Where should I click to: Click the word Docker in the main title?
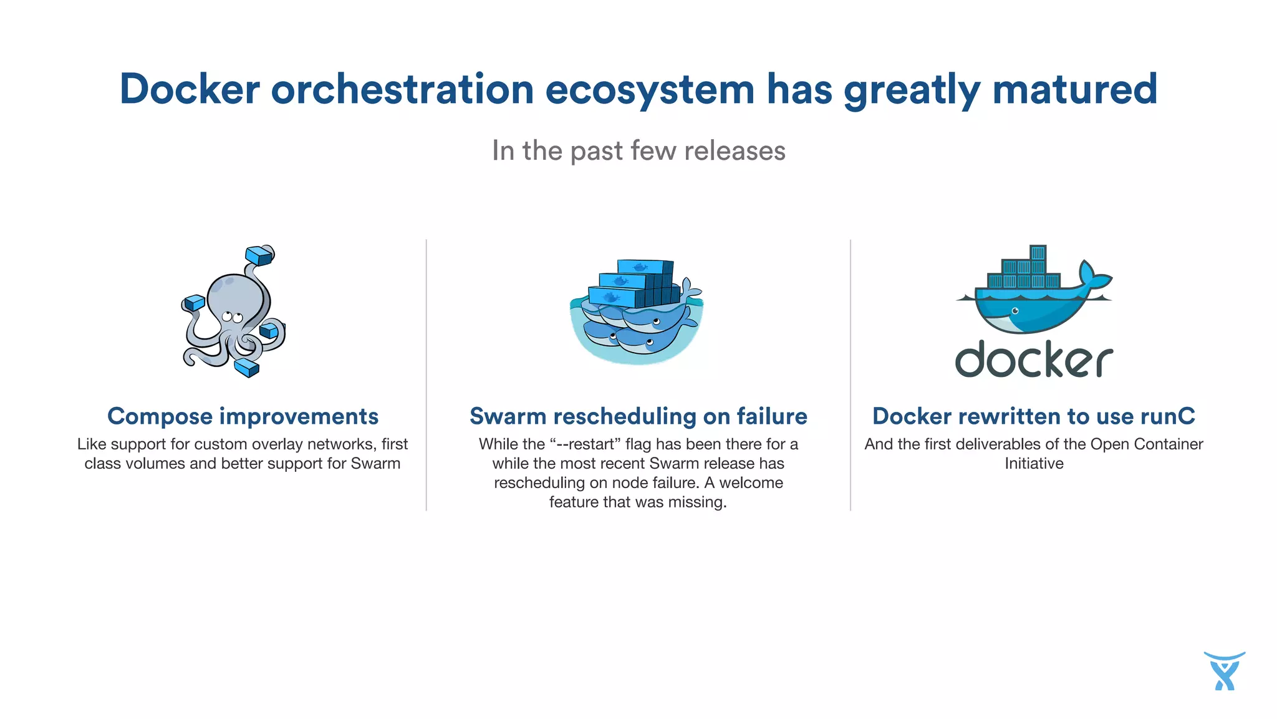tap(190, 89)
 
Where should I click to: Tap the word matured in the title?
tap(1074, 89)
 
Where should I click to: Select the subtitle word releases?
tap(735, 151)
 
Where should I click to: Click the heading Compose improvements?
tap(243, 416)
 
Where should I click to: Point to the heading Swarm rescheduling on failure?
tap(638, 416)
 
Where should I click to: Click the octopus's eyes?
tap(232, 317)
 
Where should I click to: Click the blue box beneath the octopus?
tap(247, 368)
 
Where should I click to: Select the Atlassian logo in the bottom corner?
tap(1224, 672)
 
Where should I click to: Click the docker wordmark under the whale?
tap(1034, 359)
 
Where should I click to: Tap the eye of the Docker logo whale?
tap(1015, 311)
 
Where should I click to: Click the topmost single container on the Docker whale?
tap(1038, 253)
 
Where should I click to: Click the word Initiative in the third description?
tap(1034, 464)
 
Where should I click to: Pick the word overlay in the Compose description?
tap(279, 444)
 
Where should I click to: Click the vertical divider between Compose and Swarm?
tap(426, 374)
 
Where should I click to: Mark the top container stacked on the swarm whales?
tap(644, 267)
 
